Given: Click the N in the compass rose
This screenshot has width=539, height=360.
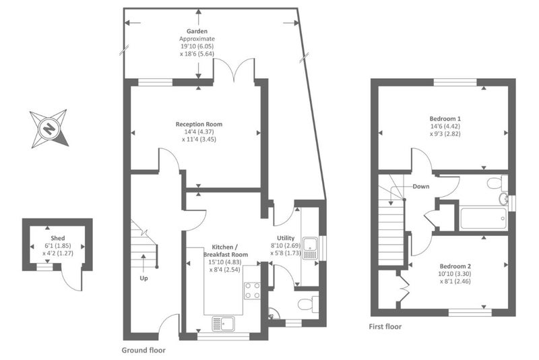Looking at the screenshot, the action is [x=49, y=129].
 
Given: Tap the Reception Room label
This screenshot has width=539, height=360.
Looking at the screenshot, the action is [x=199, y=124].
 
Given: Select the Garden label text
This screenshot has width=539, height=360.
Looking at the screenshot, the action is [x=197, y=31].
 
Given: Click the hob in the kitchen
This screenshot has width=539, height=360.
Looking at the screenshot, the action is [x=252, y=291].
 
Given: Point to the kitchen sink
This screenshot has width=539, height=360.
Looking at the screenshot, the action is [x=223, y=324].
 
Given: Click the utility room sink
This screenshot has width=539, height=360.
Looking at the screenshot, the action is [x=311, y=248].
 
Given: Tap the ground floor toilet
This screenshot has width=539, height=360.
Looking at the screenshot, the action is [x=308, y=305].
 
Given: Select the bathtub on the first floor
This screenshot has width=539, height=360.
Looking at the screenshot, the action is [x=483, y=218].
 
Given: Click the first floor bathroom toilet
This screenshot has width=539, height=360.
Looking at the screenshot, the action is [x=497, y=183].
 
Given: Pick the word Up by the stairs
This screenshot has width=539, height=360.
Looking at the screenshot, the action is [x=144, y=278].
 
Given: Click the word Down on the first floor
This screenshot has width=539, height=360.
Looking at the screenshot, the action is [x=421, y=186].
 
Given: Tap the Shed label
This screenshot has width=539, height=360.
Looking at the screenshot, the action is [x=58, y=238].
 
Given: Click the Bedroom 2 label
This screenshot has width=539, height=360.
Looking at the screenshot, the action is [x=455, y=266].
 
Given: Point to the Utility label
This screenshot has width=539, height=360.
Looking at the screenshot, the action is [x=286, y=238].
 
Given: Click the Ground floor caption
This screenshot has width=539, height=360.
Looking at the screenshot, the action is [x=144, y=351].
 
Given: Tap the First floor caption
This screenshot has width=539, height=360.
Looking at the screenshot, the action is [x=385, y=327].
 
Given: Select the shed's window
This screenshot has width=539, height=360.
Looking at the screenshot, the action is [x=44, y=267].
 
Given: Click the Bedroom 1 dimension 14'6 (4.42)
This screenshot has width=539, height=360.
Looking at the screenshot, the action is [x=445, y=126].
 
